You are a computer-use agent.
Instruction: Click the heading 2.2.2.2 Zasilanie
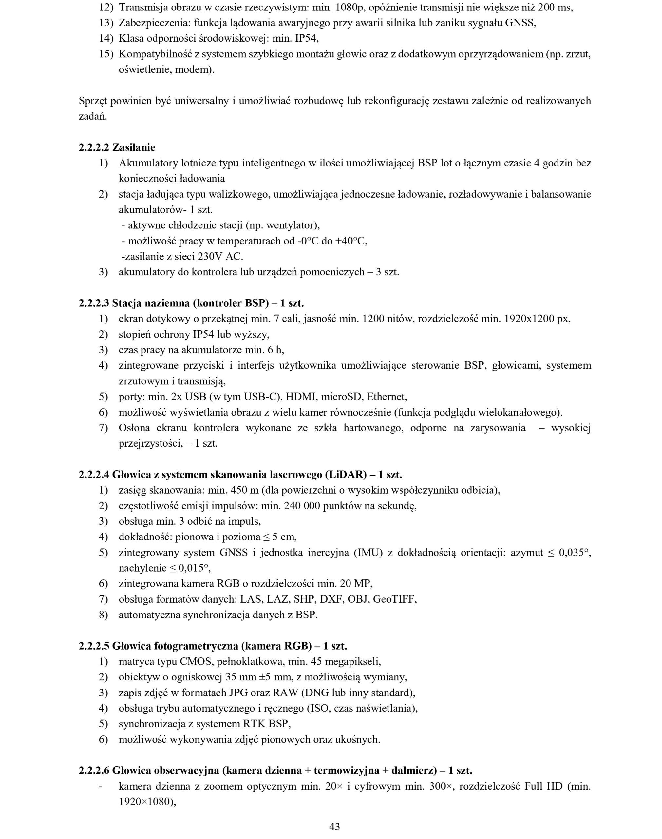(117, 148)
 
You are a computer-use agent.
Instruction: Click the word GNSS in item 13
(520, 23)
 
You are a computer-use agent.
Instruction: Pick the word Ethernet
(386, 397)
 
